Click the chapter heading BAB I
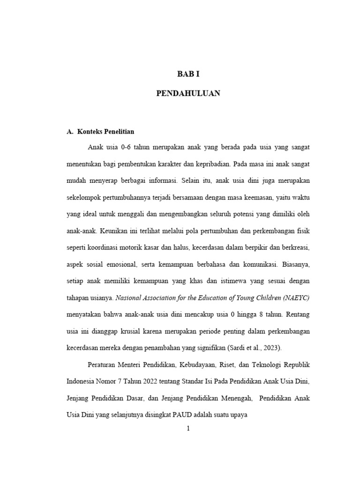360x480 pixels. point(188,74)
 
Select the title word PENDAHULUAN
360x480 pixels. point(188,94)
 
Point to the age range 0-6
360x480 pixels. point(125,147)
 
